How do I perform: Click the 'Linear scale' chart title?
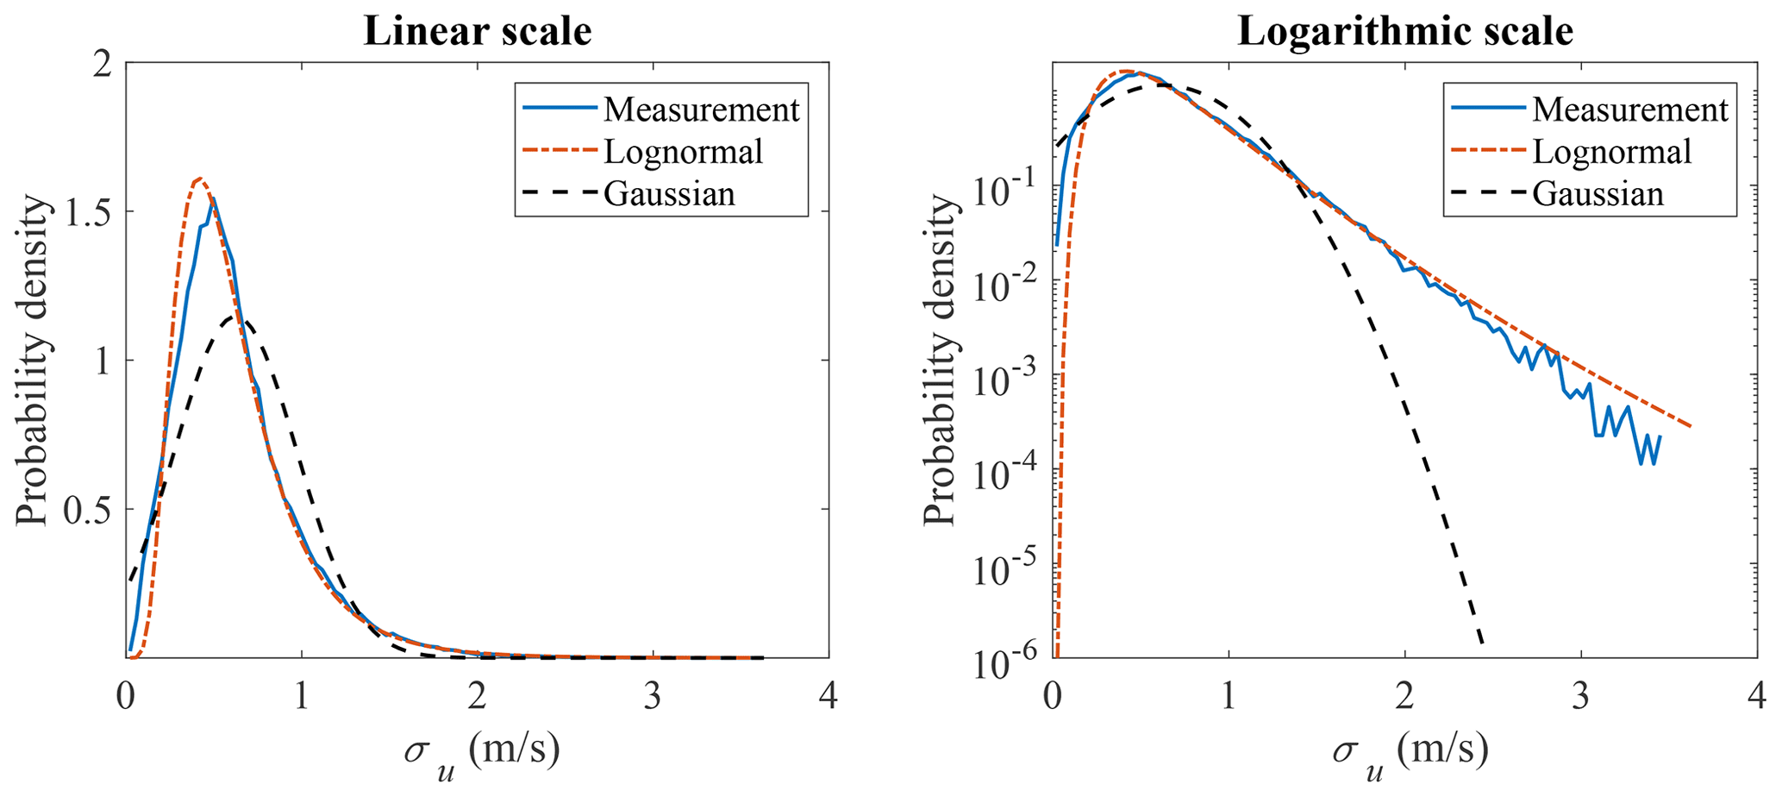pos(477,32)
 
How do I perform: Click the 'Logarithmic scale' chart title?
pos(1405,32)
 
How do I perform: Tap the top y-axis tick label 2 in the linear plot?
pos(105,64)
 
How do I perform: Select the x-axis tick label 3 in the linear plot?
pos(653,697)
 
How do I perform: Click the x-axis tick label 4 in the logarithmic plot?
pos(1758,697)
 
